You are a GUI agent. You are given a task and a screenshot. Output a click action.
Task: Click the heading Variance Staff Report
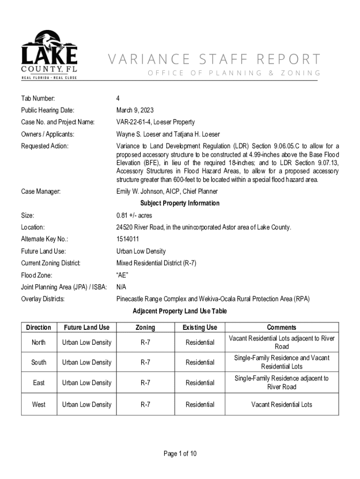(215, 59)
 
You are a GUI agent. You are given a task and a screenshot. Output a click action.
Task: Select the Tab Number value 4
(118, 98)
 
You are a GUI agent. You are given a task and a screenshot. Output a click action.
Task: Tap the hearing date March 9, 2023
(135, 110)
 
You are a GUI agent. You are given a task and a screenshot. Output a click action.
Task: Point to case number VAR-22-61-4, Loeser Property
(155, 122)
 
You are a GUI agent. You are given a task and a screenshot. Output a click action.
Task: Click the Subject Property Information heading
(180, 203)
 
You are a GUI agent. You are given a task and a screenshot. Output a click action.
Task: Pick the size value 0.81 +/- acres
(134, 216)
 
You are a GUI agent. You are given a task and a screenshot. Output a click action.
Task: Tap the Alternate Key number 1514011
(128, 239)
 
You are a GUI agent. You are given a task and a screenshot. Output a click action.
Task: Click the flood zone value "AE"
(122, 275)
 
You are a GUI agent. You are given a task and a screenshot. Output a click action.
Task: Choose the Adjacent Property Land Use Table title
(180, 311)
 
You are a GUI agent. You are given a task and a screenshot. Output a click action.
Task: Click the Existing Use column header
(200, 327)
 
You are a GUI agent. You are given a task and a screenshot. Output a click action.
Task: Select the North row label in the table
(39, 342)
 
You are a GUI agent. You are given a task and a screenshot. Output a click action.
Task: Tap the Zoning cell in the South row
(145, 363)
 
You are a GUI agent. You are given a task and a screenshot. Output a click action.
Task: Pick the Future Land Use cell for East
(86, 383)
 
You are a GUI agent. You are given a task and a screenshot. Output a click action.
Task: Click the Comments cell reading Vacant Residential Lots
(281, 404)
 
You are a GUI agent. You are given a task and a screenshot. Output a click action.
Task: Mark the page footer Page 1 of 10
(180, 454)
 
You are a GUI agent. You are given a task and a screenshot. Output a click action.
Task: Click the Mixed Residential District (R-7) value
(156, 263)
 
